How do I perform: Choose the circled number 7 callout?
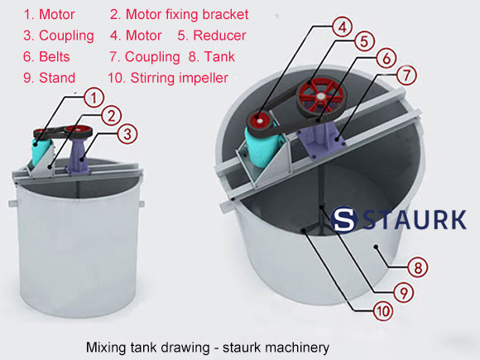[x=405, y=74]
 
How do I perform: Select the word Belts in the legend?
[x=53, y=57]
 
